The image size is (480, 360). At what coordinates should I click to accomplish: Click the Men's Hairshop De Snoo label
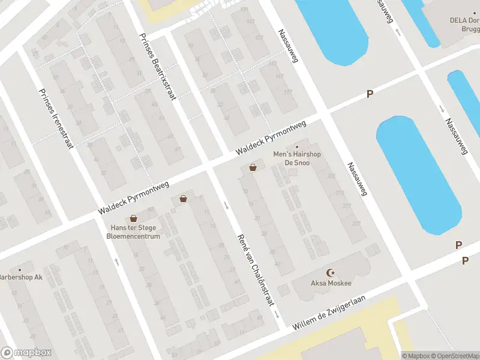tap(297, 158)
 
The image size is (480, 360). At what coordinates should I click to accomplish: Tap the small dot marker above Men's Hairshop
tap(296, 147)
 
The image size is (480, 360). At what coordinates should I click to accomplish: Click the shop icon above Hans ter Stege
tap(133, 218)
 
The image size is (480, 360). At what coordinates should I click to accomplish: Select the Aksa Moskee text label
tap(331, 283)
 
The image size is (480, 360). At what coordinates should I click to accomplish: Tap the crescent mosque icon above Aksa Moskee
tap(330, 272)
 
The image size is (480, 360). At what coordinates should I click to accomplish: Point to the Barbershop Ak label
tap(20, 277)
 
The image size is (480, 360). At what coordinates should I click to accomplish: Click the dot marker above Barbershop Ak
tap(20, 269)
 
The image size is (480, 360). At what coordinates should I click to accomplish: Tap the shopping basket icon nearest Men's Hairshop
tap(253, 167)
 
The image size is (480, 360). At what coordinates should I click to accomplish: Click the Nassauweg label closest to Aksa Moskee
tap(356, 179)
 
